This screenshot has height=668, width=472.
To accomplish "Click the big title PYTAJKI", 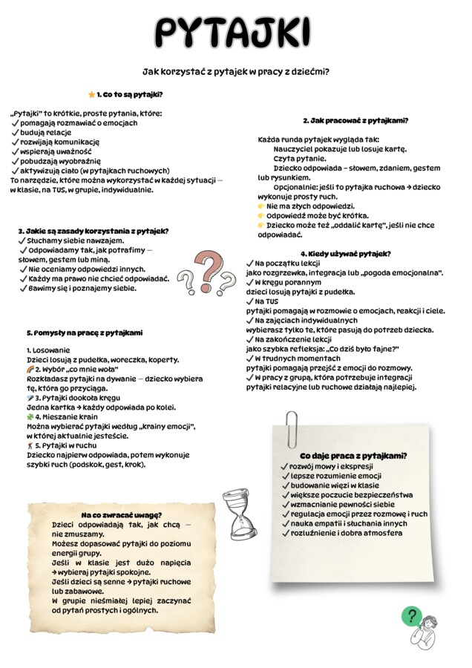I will coord(232,33).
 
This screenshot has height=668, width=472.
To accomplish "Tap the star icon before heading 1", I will coord(91,95).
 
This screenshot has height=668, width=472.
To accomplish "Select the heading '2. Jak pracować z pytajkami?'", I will coord(355,120).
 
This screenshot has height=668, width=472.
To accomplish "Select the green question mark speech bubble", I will coord(410,615).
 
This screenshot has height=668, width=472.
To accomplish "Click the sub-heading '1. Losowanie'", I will coord(48,350).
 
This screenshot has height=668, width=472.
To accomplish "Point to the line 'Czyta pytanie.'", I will coord(299,158).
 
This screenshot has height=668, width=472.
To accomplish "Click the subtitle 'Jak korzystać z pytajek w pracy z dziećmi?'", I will coord(236,72).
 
